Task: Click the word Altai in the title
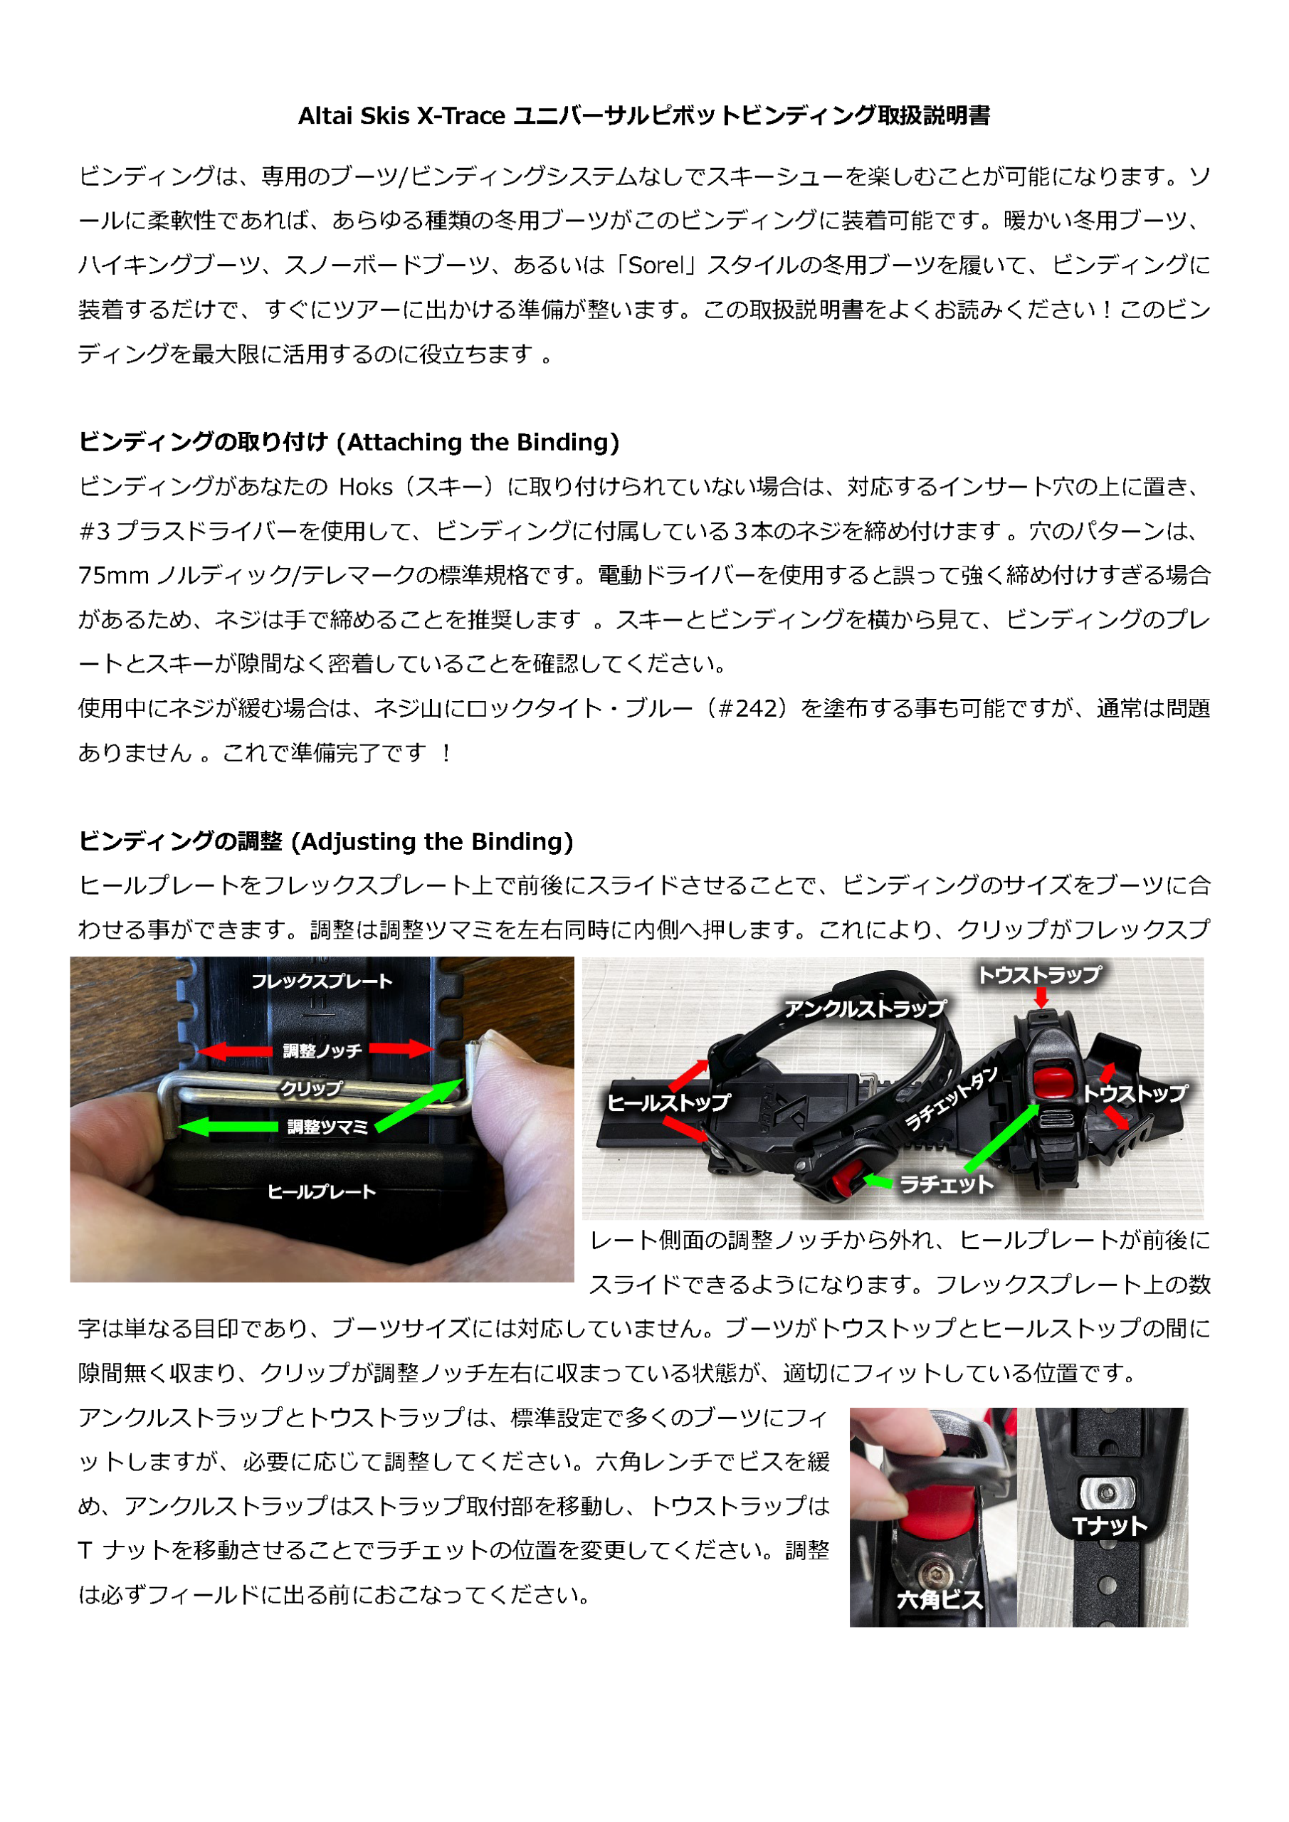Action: click(325, 116)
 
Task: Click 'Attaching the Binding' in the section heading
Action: click(478, 442)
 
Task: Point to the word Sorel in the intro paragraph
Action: click(655, 265)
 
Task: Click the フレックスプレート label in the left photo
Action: click(322, 981)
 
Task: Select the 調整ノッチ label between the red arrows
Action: click(322, 1050)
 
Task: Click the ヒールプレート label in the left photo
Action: click(322, 1191)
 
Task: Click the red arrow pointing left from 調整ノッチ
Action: click(236, 1051)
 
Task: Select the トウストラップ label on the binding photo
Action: click(1039, 974)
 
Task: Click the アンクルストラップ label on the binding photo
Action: click(866, 1009)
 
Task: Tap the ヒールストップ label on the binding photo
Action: click(668, 1102)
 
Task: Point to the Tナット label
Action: click(1109, 1526)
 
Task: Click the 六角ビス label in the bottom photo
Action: click(940, 1600)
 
